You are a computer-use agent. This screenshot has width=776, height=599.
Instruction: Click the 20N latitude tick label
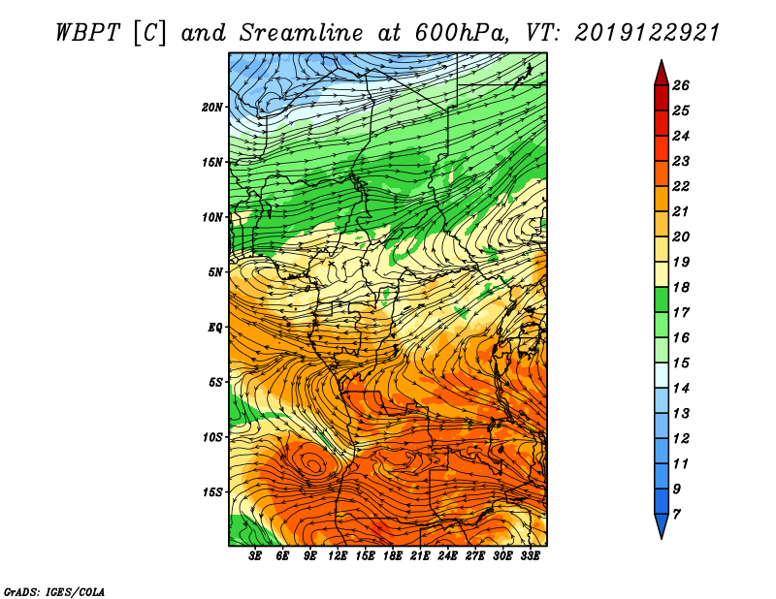pyautogui.click(x=212, y=108)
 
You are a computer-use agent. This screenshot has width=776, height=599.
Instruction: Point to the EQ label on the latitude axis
pyautogui.click(x=215, y=328)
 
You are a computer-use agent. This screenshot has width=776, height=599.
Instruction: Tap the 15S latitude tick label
pyautogui.click(x=212, y=492)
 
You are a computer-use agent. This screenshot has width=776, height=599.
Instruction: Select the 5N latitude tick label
pyautogui.click(x=215, y=272)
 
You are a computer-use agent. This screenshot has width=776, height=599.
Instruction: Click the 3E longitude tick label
pyautogui.click(x=255, y=556)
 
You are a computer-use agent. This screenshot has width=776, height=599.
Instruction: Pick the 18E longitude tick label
pyautogui.click(x=393, y=556)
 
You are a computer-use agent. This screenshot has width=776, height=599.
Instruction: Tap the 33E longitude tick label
pyautogui.click(x=530, y=556)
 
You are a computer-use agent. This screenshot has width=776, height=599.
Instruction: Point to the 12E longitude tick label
pyautogui.click(x=338, y=556)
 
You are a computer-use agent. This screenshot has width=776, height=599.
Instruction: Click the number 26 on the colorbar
pyautogui.click(x=681, y=85)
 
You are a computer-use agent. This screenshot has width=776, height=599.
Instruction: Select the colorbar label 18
pyautogui.click(x=681, y=287)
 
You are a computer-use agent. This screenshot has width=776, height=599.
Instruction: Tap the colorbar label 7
pyautogui.click(x=676, y=515)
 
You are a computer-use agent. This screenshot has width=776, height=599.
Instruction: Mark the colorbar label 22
pyautogui.click(x=681, y=186)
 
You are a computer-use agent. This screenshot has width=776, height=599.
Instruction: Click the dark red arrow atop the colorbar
pyautogui.click(x=662, y=74)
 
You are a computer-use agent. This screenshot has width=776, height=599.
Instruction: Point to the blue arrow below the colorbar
pyautogui.click(x=662, y=525)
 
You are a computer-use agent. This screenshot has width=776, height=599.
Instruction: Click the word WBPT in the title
pyautogui.click(x=87, y=33)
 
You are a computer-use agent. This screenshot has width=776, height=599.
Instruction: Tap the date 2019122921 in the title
pyautogui.click(x=647, y=33)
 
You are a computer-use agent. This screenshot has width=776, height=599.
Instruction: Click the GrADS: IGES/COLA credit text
pyautogui.click(x=54, y=592)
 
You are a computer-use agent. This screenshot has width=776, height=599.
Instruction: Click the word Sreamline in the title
pyautogui.click(x=302, y=33)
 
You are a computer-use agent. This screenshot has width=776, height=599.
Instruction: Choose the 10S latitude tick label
pyautogui.click(x=212, y=437)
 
